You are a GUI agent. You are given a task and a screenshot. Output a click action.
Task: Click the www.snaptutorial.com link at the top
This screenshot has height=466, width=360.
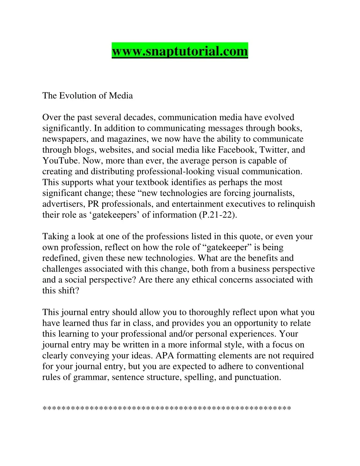tap(180, 51)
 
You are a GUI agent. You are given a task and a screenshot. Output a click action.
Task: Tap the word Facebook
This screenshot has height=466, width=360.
tap(237, 150)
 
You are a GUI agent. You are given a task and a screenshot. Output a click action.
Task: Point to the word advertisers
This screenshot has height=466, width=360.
tap(64, 204)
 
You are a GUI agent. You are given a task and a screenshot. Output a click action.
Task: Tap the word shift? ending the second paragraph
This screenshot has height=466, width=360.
tap(69, 291)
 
